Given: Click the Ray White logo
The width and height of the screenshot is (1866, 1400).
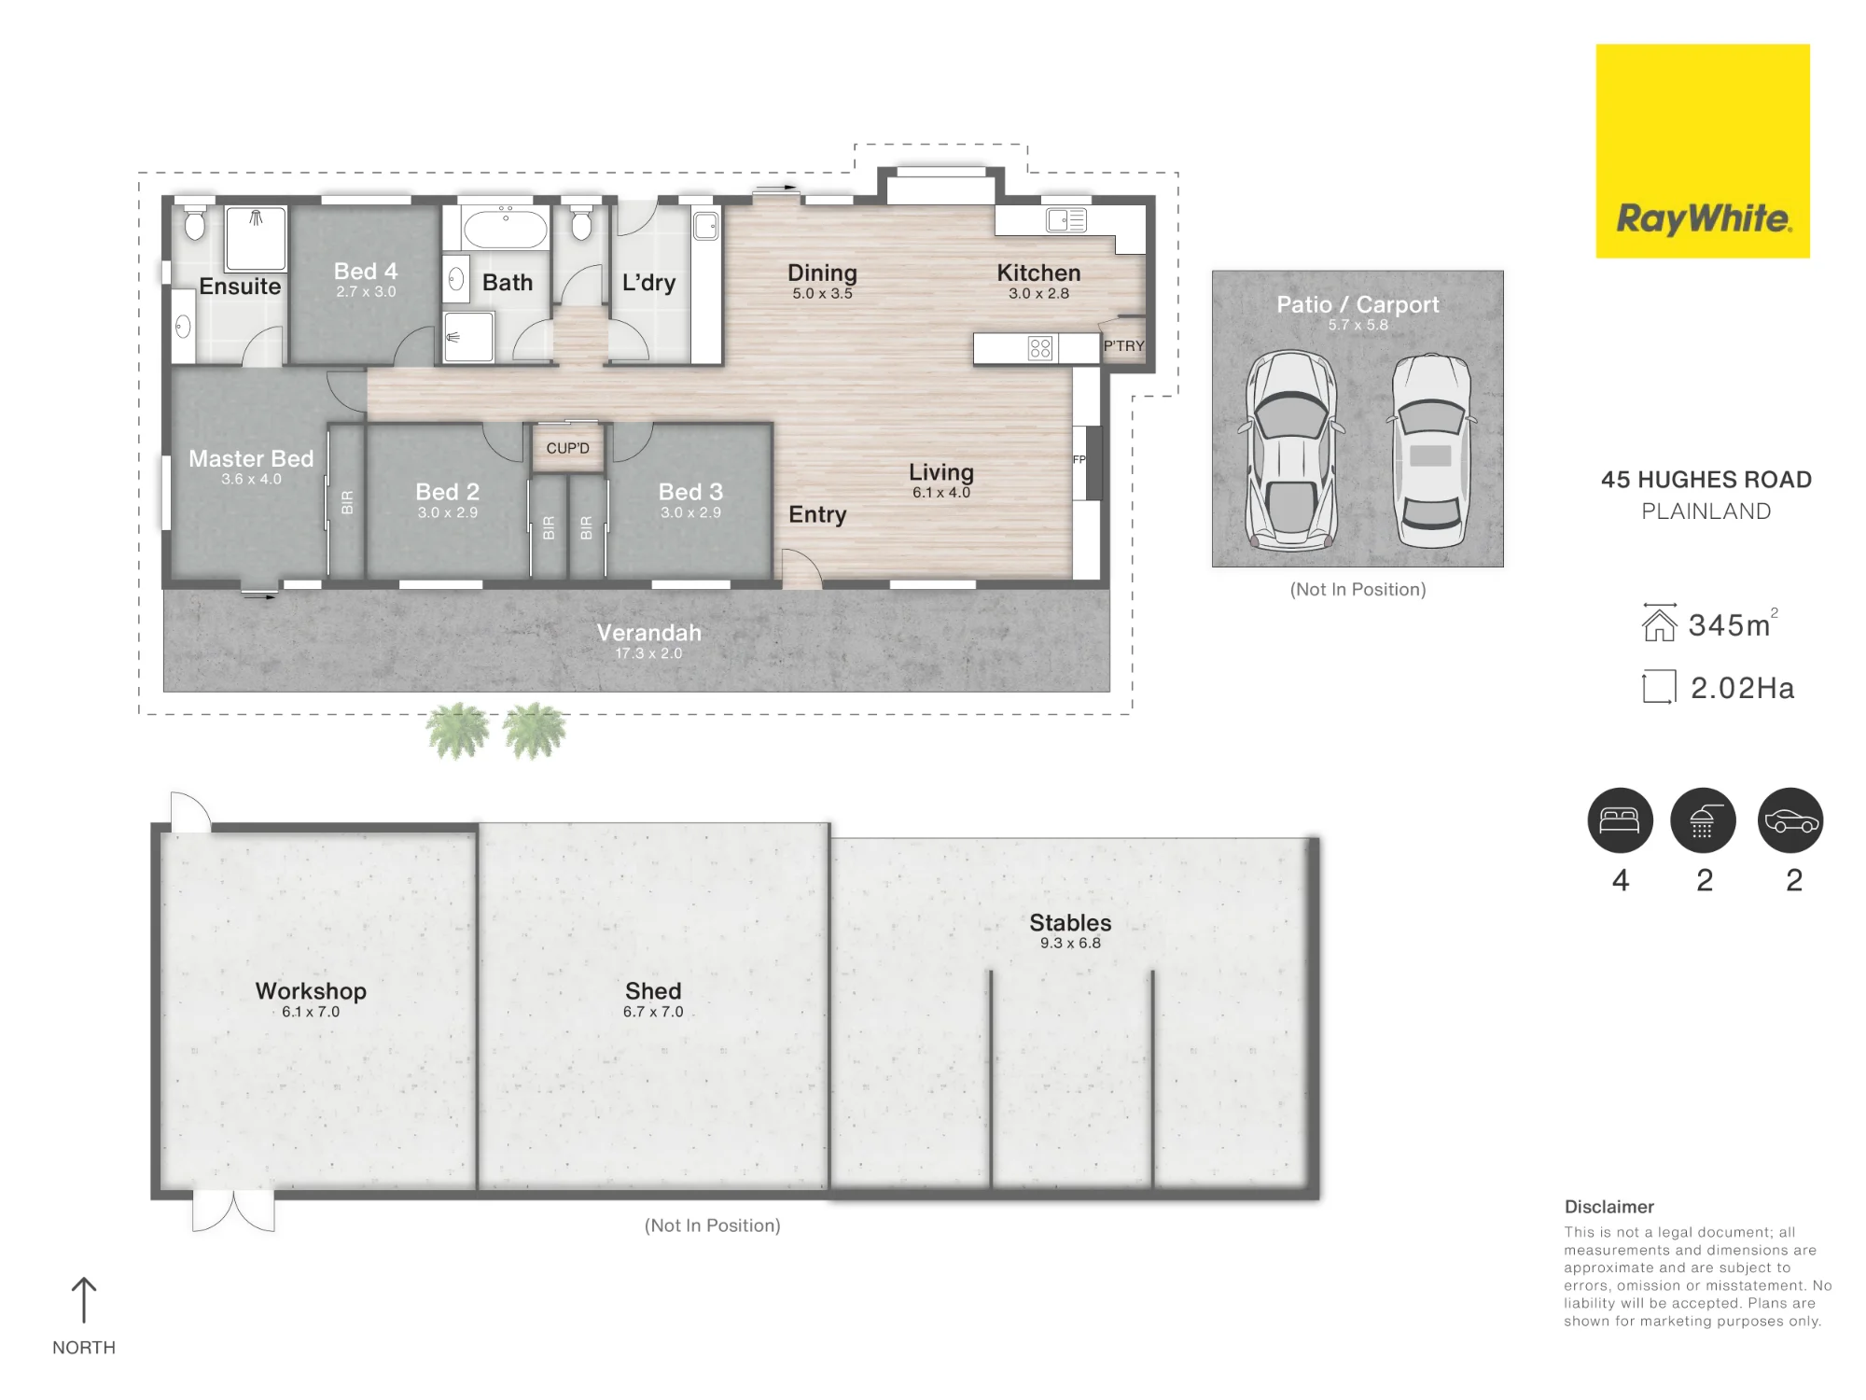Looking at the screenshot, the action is [1703, 151].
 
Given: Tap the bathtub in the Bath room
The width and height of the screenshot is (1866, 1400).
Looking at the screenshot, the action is [506, 228].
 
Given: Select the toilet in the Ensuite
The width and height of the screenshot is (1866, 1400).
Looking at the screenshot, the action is [195, 221].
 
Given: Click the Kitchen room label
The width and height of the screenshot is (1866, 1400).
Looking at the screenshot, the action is [1038, 273].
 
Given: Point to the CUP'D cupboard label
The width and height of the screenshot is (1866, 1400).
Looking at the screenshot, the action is [567, 448].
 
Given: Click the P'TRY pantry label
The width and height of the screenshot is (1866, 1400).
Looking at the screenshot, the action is [1123, 345].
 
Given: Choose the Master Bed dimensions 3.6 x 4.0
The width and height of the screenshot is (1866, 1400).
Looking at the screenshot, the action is [251, 479].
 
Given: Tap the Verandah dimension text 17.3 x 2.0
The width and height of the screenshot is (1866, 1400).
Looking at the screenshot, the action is [648, 653].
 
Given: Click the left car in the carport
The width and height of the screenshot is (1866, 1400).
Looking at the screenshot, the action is [1291, 451].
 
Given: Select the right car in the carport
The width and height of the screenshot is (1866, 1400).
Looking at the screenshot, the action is [1431, 451].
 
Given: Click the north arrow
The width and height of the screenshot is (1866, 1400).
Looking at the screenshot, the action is [84, 1300].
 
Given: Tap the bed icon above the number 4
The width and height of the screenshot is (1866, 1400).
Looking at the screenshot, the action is [1621, 820].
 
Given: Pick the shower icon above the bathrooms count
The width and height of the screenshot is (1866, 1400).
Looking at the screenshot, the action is [1703, 820].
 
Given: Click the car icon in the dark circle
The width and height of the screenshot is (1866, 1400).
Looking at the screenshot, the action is [1790, 820].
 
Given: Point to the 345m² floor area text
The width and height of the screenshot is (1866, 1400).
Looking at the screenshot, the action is [1734, 623].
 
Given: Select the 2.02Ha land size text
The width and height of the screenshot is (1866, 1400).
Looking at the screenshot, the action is [1742, 688].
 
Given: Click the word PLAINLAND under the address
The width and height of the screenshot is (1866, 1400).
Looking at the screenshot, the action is [1706, 511].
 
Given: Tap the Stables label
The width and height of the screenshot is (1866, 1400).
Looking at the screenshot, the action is [1070, 922].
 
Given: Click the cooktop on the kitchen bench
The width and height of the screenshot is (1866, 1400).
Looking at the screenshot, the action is [1039, 348].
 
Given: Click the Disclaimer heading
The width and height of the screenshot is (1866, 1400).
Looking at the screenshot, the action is [1609, 1207].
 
